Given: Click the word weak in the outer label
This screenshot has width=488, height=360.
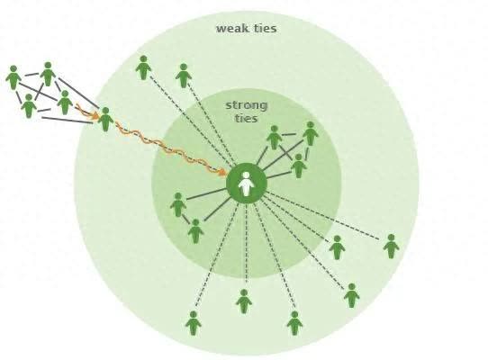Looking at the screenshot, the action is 230,29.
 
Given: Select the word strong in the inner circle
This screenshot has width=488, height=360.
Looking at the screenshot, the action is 247,106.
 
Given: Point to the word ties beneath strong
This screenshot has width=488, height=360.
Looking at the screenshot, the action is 247,119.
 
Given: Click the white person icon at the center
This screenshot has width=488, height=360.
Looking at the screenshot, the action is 247,184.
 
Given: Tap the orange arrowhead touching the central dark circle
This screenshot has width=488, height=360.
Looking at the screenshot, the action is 221,171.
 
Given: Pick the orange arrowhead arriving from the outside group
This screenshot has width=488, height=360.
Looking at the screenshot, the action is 95,115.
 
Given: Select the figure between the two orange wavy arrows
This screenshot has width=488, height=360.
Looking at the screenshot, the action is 106,120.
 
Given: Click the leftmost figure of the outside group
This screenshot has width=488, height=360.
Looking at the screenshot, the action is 14,77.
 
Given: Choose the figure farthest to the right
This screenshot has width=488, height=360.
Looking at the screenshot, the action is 391,247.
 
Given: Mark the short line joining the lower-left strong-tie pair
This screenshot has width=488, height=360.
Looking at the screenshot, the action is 186,219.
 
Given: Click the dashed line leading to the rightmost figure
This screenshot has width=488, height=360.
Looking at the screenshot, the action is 321,215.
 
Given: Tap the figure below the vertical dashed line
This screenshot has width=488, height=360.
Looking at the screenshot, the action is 244,301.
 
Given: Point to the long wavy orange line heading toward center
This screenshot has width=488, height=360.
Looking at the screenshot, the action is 169,148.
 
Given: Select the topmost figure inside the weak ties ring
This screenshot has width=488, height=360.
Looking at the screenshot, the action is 143,67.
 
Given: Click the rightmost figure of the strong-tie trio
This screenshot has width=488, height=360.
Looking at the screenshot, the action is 311,133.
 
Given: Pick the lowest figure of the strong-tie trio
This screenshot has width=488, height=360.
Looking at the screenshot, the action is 299,166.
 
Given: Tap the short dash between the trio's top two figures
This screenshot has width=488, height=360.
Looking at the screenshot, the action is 289,135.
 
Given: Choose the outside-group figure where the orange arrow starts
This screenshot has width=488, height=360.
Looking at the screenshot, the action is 65,103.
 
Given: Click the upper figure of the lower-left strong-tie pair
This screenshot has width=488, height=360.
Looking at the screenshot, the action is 178,204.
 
